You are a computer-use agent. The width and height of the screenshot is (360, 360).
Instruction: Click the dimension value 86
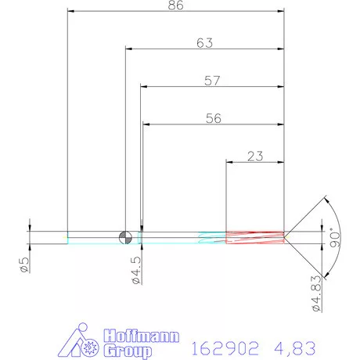[x=175, y=5]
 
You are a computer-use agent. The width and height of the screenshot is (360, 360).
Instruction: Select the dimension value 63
[x=205, y=44]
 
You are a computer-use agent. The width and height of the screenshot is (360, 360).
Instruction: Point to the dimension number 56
[x=212, y=119]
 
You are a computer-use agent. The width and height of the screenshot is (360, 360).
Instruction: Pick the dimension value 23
[x=254, y=156]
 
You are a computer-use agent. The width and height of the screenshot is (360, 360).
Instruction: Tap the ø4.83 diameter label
[x=316, y=290]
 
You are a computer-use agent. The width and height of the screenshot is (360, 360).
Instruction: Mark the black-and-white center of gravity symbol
[x=124, y=236]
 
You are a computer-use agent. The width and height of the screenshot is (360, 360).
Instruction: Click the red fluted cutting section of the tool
[x=254, y=236]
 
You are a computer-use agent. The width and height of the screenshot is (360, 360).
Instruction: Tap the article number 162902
[x=217, y=344]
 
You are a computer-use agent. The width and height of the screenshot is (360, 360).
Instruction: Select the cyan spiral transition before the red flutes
[x=212, y=236]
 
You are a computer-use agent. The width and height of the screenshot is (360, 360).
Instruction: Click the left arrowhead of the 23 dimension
[x=229, y=162]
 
